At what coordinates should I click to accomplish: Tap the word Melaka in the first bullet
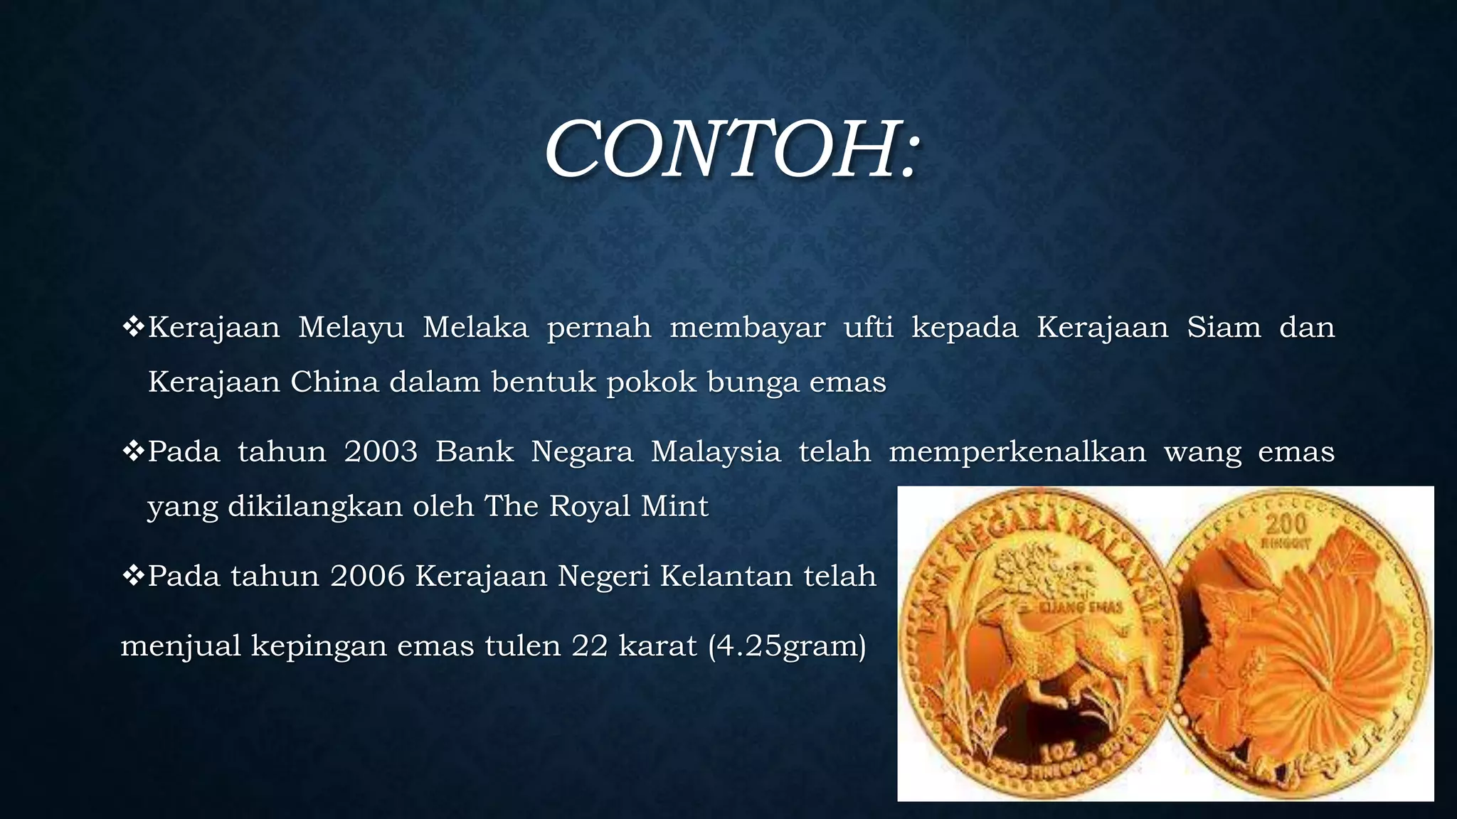[x=475, y=328]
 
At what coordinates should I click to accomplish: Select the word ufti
[x=868, y=328]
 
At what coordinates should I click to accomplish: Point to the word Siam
[x=1224, y=328]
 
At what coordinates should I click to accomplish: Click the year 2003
[x=381, y=452]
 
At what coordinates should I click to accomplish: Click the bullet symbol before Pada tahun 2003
[x=133, y=451]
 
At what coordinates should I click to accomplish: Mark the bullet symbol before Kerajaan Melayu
[x=133, y=327]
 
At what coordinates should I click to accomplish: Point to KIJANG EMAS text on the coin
[x=1081, y=608]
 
